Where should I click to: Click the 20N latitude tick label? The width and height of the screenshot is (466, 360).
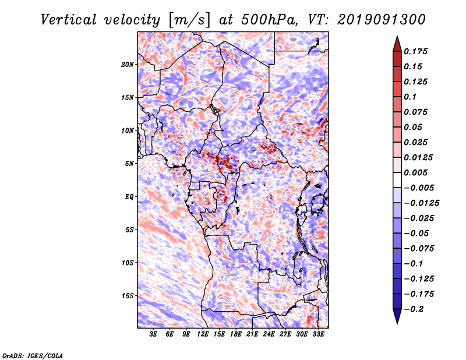coord(128,64)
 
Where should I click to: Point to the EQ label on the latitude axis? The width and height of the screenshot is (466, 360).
coord(129,197)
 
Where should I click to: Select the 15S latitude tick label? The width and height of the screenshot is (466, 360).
coord(128,296)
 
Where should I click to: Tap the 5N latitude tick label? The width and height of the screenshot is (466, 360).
coord(129,164)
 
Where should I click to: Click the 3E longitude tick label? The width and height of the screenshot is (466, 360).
coord(154,334)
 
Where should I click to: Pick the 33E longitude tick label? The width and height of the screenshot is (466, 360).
coord(318,334)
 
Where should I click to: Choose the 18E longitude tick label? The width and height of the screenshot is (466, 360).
coord(236,334)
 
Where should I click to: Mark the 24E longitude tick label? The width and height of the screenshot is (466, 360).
coord(269,334)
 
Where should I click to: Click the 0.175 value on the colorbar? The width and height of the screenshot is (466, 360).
coord(416,51)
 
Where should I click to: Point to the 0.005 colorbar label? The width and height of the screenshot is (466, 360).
coord(416,172)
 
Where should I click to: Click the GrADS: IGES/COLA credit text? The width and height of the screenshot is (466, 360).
coord(32,355)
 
